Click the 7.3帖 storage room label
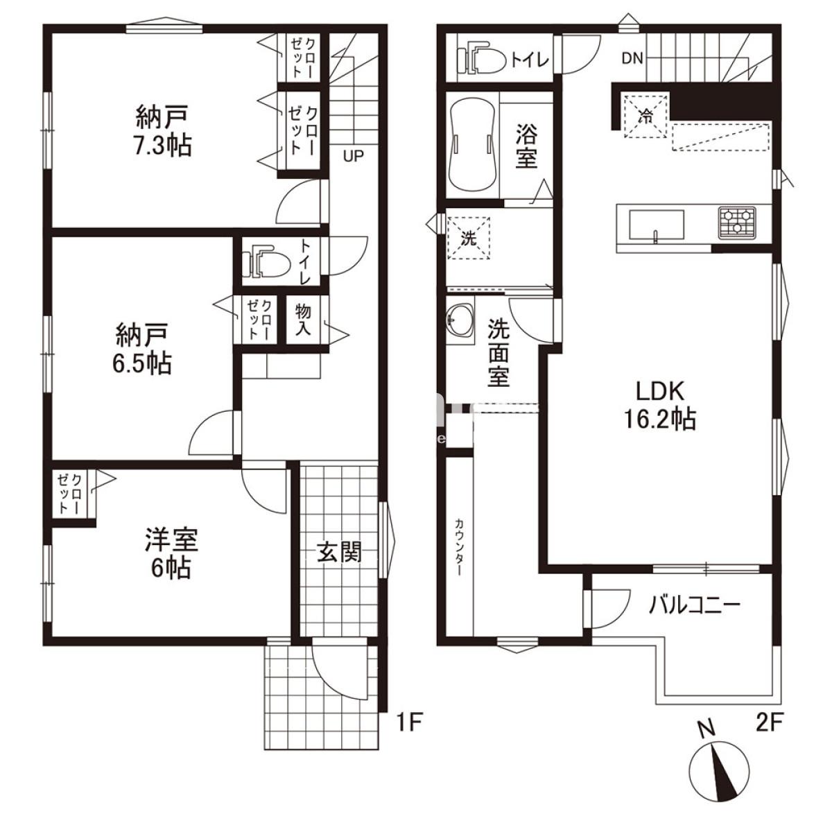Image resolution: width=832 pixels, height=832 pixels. [x=163, y=131]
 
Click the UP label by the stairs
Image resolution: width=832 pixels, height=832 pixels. [x=353, y=156]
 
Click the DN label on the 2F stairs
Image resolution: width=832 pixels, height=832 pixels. [x=632, y=58]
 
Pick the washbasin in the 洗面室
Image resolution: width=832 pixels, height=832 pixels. [x=460, y=320]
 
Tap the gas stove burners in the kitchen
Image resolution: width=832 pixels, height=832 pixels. [x=737, y=223]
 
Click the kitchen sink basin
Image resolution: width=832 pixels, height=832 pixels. [x=657, y=225]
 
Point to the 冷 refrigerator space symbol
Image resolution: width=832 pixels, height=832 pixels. [x=646, y=115]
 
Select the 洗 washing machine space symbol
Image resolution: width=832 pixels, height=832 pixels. [x=469, y=239]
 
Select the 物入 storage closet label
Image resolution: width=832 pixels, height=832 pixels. [x=303, y=320]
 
